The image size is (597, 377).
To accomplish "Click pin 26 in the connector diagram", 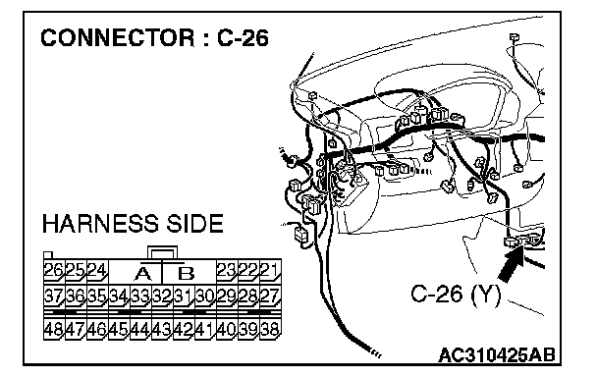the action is (x=54, y=271).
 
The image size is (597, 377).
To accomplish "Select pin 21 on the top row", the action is (x=270, y=271).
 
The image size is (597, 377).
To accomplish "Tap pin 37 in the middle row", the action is (x=54, y=296).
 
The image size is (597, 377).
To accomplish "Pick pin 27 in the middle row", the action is (x=270, y=296).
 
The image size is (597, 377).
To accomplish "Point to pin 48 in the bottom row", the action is (x=54, y=329).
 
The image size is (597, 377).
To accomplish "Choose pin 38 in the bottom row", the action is (x=270, y=329).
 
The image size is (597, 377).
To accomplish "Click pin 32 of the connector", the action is (x=163, y=296).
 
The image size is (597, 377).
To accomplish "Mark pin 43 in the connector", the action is (x=163, y=329).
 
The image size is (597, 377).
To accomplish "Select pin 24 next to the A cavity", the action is (x=97, y=271).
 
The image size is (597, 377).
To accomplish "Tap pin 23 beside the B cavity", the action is (x=227, y=271).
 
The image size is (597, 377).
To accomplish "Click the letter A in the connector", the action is (x=142, y=273).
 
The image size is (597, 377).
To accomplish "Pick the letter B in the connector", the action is (x=187, y=273).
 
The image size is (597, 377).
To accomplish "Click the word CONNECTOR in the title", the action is (x=117, y=38).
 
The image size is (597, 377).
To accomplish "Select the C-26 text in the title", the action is (x=244, y=38).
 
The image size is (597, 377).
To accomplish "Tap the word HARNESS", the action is (x=100, y=224).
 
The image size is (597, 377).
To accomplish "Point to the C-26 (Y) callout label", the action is (x=456, y=295).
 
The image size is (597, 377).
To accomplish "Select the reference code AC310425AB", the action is (x=497, y=355).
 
